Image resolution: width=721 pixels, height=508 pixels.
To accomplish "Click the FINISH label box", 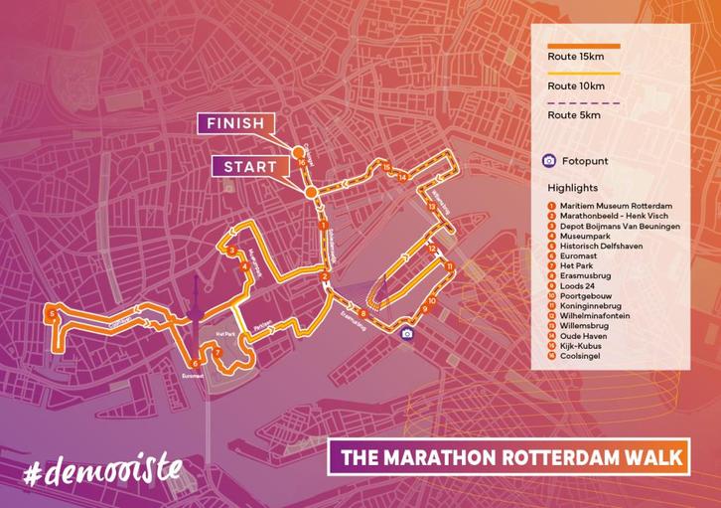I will (x=234, y=124).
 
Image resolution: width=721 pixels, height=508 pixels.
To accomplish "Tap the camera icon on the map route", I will (x=406, y=334).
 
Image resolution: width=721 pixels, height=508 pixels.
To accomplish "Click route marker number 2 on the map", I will (x=325, y=277).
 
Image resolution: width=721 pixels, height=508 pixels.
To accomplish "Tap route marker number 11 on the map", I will (x=449, y=266).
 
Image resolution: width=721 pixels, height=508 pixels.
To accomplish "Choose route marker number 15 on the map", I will (x=386, y=168).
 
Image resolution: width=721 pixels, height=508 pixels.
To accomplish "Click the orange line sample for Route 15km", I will (x=583, y=46).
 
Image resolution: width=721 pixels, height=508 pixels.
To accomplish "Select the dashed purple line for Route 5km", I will (x=583, y=103).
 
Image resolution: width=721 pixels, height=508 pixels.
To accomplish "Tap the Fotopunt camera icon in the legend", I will (x=548, y=160).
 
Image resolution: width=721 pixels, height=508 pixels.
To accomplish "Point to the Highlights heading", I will (x=572, y=187).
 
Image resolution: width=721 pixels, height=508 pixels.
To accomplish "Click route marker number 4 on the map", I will (x=244, y=265).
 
